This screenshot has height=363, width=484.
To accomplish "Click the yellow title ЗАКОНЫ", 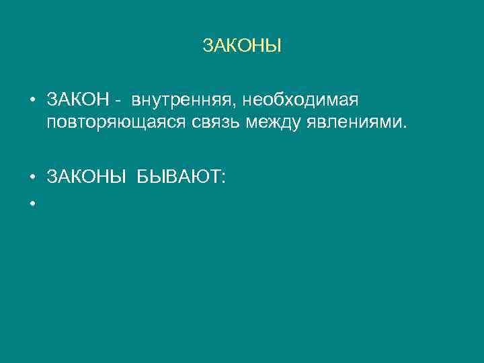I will [241, 46].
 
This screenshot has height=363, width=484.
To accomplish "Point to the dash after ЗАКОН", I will [118, 101].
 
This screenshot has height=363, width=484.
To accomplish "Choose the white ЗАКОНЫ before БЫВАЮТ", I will [87, 177].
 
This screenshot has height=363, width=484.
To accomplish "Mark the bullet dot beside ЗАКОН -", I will [32, 101].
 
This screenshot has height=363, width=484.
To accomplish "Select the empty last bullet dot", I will [32, 201].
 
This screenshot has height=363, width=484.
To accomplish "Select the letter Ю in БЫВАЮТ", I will [202, 177].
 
